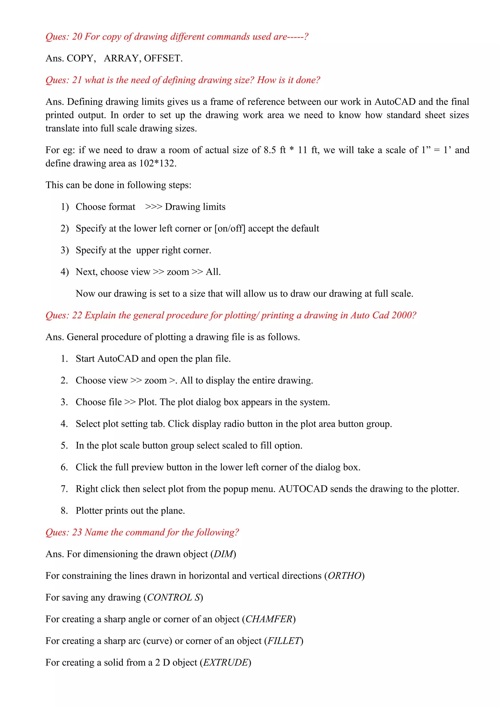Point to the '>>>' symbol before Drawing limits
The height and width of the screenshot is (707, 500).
coord(153,207)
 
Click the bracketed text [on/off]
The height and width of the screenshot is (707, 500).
coord(230,229)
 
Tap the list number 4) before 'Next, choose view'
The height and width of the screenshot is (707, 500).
coord(65,272)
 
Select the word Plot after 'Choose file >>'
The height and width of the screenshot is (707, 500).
coord(147,402)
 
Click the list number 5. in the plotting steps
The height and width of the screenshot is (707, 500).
coord(64,445)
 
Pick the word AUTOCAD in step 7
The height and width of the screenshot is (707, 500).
coord(303,489)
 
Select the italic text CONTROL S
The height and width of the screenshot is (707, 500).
coord(173,598)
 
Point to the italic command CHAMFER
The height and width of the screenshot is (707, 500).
coord(269,619)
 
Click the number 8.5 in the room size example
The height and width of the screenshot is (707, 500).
coord(270,150)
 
